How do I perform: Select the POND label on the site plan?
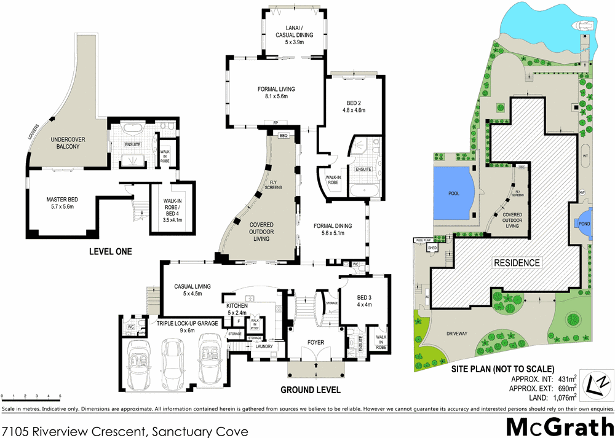pyautogui.click(x=584, y=224)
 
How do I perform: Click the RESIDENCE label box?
pyautogui.click(x=517, y=263)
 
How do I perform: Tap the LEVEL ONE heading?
pyautogui.click(x=111, y=251)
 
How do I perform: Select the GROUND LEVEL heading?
pyautogui.click(x=311, y=389)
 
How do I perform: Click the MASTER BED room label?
pyautogui.click(x=60, y=203)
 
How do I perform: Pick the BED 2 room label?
pyautogui.click(x=353, y=107)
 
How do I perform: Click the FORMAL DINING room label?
pyautogui.click(x=333, y=229)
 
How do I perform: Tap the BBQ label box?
pyautogui.click(x=284, y=135)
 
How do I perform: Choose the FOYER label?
pyautogui.click(x=315, y=343)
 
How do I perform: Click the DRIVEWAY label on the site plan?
pyautogui.click(x=453, y=334)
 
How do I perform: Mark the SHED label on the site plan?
pyautogui.click(x=432, y=247)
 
